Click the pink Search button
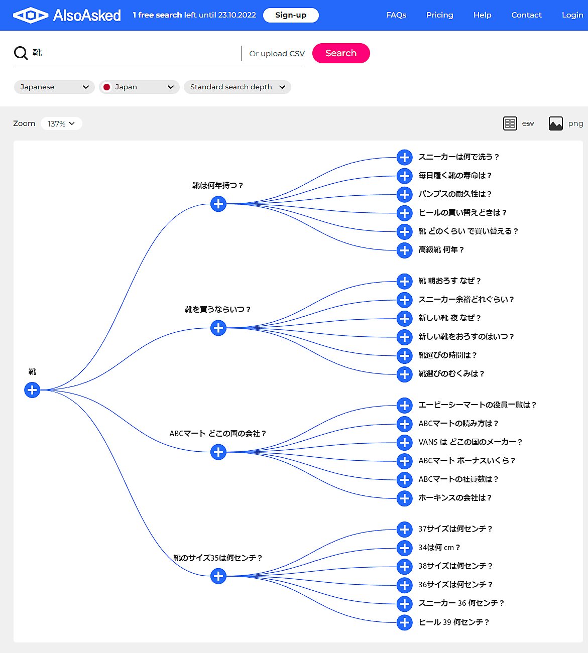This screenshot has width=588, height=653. click(x=341, y=53)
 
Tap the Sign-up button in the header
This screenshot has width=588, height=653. click(x=291, y=15)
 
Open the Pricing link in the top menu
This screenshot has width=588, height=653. click(x=439, y=15)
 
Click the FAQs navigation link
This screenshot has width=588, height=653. click(x=396, y=15)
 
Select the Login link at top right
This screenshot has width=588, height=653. click(x=572, y=15)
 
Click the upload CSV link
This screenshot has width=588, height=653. click(x=283, y=54)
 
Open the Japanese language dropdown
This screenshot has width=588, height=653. click(x=54, y=87)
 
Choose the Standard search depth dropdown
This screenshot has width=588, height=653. click(x=238, y=87)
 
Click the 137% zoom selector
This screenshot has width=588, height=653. click(x=61, y=123)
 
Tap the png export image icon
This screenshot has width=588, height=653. click(x=556, y=123)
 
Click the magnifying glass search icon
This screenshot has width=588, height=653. click(x=21, y=53)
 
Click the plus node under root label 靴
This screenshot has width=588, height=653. click(x=32, y=389)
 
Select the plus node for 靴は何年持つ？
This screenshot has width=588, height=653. click(x=218, y=204)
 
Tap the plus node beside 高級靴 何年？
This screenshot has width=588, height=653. click(x=404, y=250)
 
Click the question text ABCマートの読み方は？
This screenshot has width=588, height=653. click(x=458, y=424)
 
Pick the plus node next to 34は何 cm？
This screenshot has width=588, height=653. click(x=404, y=548)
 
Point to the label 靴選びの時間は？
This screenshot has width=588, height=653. click(x=447, y=355)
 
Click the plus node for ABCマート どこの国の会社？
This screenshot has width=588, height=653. click(x=218, y=452)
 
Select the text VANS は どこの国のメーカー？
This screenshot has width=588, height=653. click(x=470, y=442)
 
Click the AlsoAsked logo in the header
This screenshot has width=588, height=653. click(x=67, y=15)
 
